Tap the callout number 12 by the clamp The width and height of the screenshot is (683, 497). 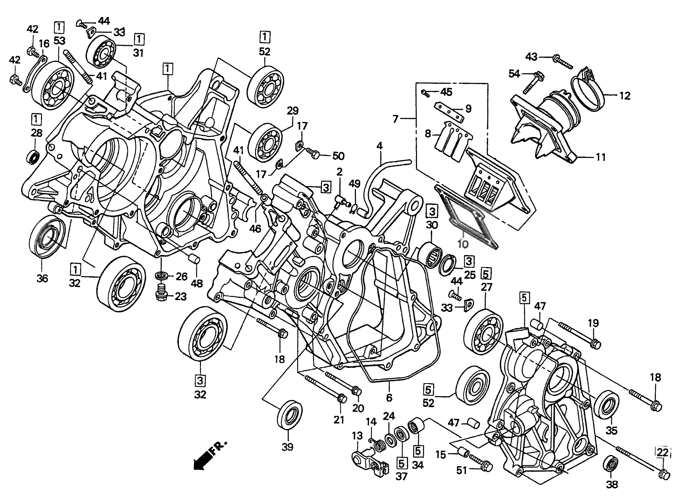point(625,96)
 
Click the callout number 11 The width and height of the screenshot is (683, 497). point(601,157)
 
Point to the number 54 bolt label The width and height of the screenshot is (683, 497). point(514,73)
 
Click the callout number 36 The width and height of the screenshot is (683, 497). point(42,279)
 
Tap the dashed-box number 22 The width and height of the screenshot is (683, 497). point(663,452)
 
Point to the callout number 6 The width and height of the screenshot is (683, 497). point(389,398)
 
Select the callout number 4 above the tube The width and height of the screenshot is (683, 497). point(379,146)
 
